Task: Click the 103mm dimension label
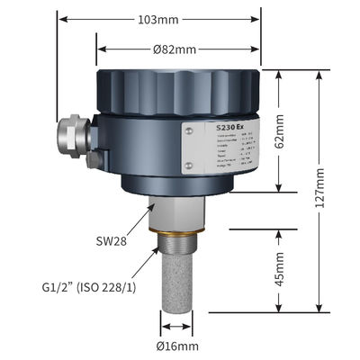(160, 19)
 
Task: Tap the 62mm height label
(281, 132)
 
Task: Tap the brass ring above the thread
(178, 238)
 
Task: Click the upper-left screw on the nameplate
(189, 130)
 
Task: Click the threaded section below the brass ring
(178, 249)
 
